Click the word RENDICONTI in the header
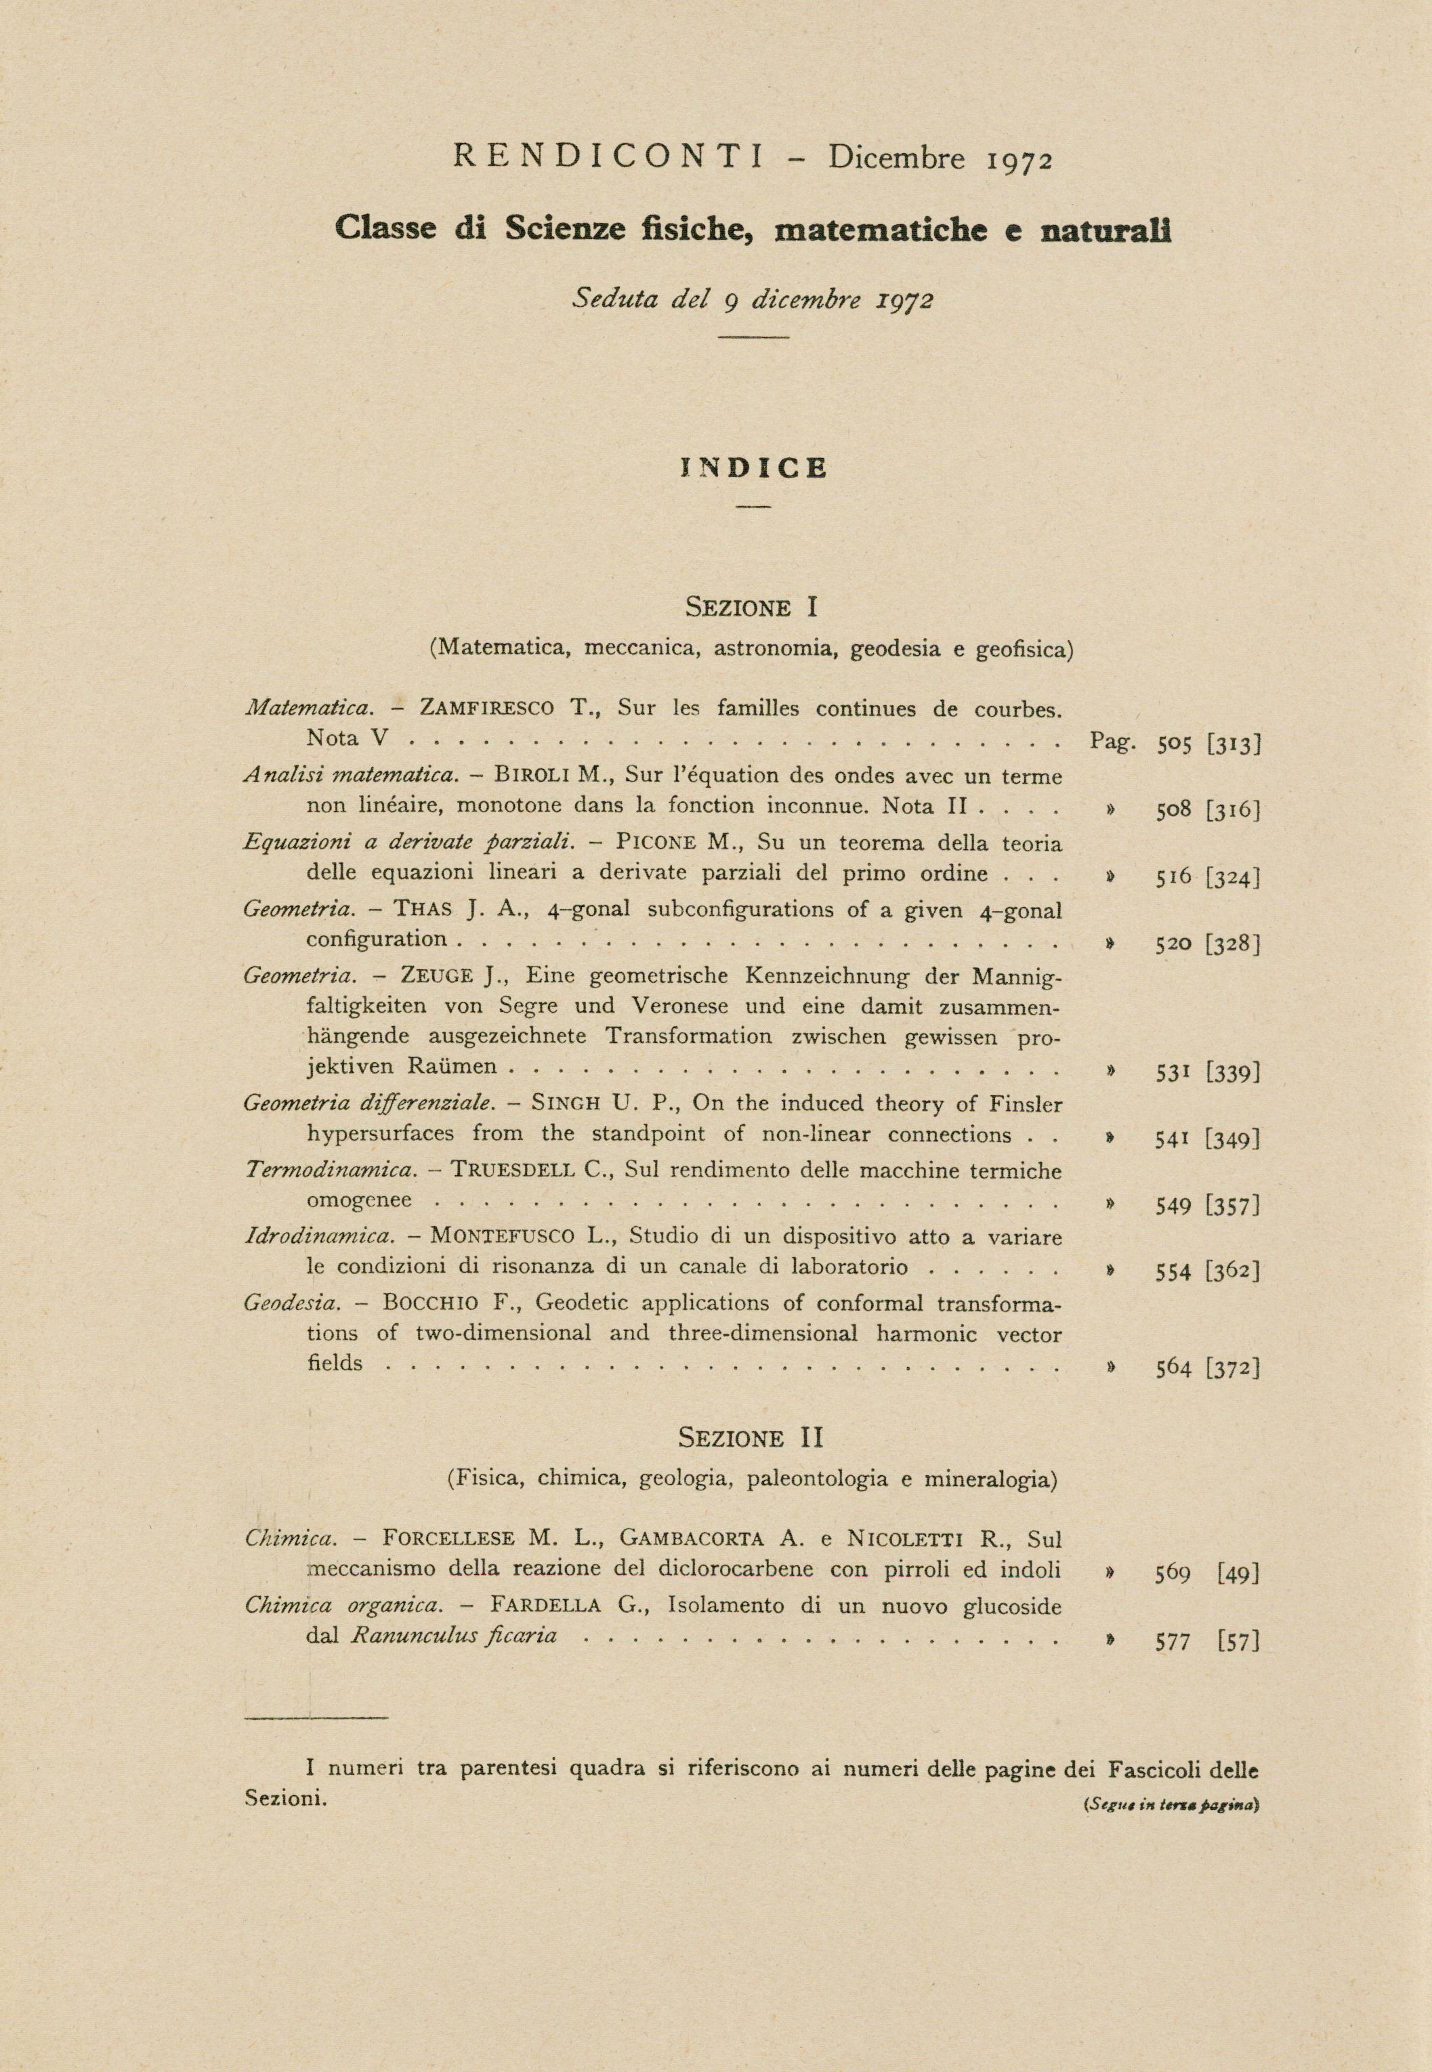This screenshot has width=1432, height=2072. [x=608, y=158]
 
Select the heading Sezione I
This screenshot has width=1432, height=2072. [x=752, y=608]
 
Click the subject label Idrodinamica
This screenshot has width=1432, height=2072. [x=318, y=1237]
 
